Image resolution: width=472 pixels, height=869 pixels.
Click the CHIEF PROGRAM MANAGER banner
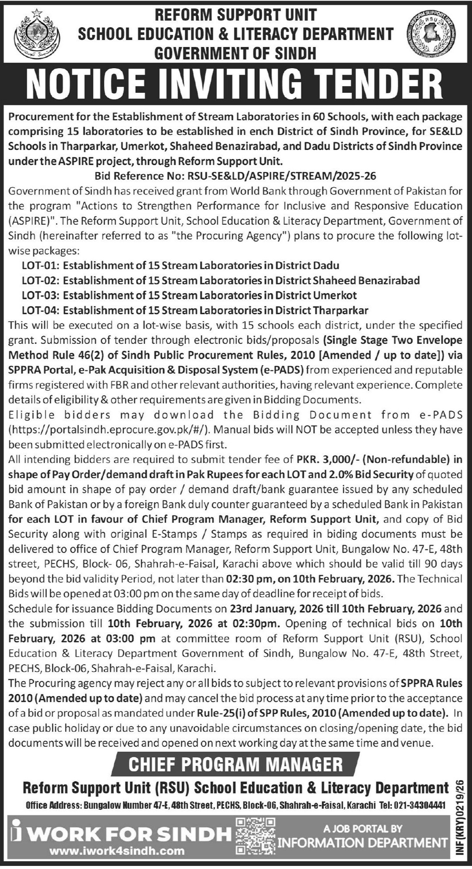tap(236, 764)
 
